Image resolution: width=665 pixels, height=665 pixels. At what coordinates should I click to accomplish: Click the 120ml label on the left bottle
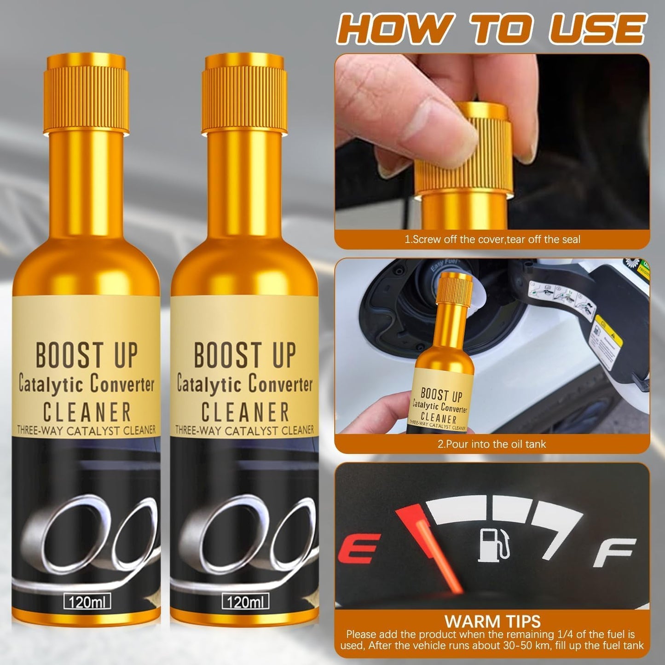(87, 602)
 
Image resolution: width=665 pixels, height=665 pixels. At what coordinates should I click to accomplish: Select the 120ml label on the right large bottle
(245, 602)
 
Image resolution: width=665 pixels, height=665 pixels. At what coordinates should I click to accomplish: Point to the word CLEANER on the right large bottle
(245, 412)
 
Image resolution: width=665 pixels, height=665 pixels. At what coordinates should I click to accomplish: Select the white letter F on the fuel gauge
(614, 552)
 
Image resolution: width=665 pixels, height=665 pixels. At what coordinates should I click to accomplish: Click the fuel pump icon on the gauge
(494, 545)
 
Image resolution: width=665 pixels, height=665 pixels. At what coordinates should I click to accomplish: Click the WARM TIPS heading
(492, 621)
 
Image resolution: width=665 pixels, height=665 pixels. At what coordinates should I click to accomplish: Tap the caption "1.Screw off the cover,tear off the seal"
(492, 239)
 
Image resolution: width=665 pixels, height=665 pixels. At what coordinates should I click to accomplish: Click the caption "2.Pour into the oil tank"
(492, 444)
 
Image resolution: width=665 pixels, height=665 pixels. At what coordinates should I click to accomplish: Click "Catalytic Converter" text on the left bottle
(86, 384)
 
